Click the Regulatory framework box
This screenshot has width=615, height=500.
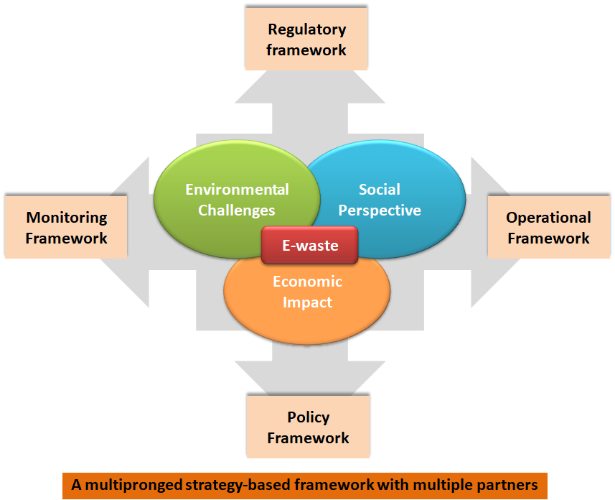pos(306,40)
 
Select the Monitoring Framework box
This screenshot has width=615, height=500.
pos(66,227)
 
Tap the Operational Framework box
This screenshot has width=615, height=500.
pos(548,227)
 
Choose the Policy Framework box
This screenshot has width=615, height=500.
pos(308,427)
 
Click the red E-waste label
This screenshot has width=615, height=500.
pos(309,246)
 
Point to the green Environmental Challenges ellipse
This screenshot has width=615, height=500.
pos(215,172)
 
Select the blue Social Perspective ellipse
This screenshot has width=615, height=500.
pos(402,172)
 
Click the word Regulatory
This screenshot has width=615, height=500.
pos(306,29)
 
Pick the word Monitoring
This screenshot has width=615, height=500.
pos(67,217)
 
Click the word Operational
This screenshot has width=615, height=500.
pos(548,217)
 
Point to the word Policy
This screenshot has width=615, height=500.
pos(309,417)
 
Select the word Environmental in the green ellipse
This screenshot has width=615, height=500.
pos(237,190)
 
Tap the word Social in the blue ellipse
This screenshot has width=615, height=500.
pos(380,190)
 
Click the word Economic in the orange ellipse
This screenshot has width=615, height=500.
pos(307,282)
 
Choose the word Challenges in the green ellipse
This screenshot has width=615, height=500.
pos(237,210)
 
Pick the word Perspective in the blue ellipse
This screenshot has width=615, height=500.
pos(380,210)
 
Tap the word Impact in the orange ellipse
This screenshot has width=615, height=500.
pos(307,302)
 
